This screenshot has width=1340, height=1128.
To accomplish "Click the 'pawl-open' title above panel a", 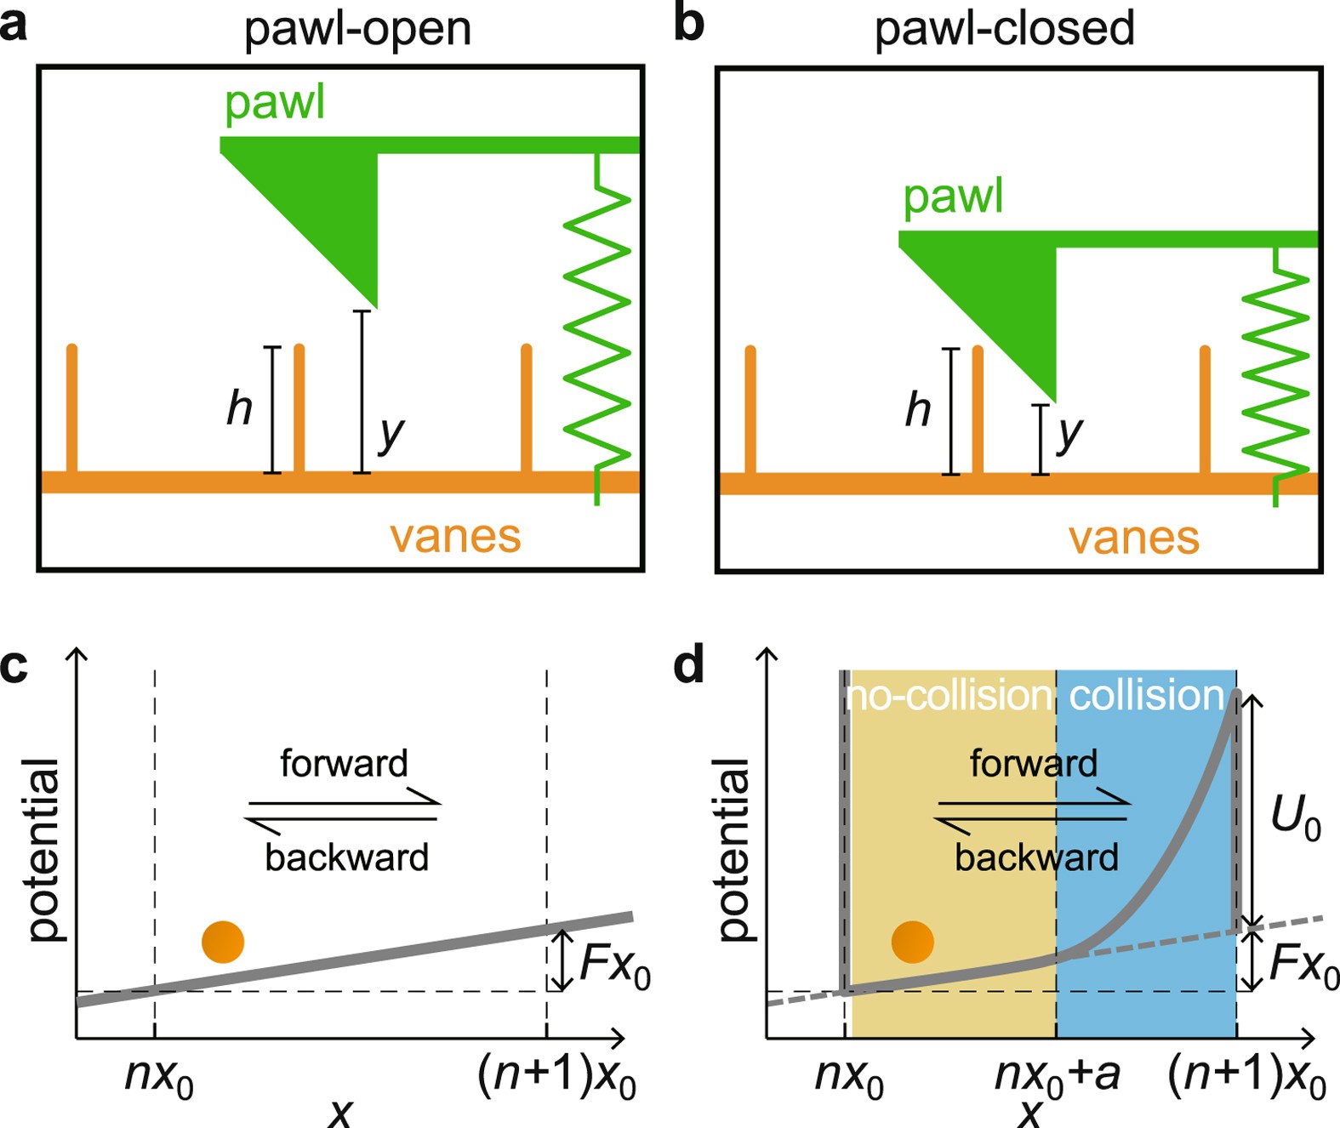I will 357,29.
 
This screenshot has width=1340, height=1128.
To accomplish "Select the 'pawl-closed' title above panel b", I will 1004,29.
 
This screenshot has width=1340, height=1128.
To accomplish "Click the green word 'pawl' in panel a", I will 274,104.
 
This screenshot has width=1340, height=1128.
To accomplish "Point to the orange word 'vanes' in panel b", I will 1133,538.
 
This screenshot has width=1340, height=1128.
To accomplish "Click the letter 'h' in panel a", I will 239,408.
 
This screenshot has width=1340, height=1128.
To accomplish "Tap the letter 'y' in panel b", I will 1069,434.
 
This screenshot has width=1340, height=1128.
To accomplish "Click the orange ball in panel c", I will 223,942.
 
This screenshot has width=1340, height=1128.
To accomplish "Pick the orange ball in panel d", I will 913,942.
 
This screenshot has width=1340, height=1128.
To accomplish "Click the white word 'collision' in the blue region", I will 1145,696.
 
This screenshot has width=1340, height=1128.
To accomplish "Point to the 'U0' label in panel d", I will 1295,818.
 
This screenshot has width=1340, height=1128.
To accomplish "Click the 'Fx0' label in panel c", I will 614,967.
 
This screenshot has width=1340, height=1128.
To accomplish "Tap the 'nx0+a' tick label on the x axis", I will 1057,1076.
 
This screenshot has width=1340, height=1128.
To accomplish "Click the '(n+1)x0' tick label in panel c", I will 556,1077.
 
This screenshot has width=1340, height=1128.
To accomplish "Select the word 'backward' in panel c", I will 346,857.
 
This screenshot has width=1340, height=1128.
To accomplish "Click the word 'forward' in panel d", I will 1033,763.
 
